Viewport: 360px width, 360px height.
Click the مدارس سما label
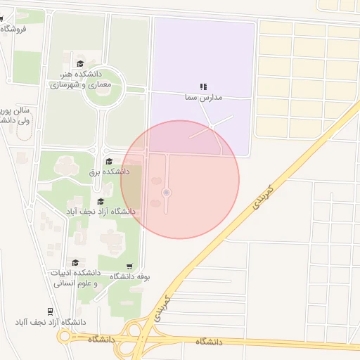[x=202, y=96]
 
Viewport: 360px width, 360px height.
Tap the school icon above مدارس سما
[x=203, y=86]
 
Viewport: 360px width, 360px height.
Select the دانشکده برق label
[x=109, y=171]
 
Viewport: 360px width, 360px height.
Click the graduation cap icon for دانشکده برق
[x=109, y=162]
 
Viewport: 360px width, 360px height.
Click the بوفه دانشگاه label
[x=128, y=276]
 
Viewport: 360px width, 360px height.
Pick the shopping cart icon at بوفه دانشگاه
[x=129, y=266]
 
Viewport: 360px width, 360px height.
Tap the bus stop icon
[x=50, y=311]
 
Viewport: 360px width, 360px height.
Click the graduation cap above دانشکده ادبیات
[x=74, y=262]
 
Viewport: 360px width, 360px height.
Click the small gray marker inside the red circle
[x=166, y=193]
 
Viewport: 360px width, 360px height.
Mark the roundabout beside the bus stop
[x=65, y=337]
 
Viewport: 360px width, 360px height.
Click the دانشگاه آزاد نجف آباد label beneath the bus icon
[x=50, y=322]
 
